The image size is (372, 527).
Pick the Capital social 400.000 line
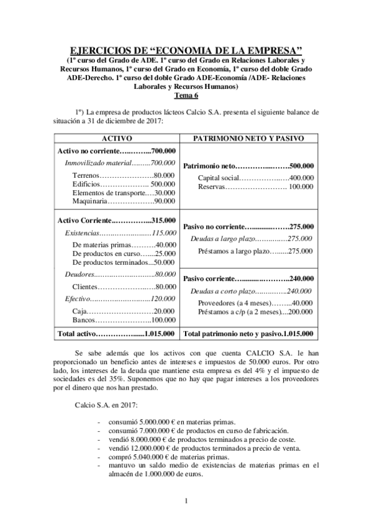point(255,178)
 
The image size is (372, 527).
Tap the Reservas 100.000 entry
point(255,186)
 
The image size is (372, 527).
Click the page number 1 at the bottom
point(185,501)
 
